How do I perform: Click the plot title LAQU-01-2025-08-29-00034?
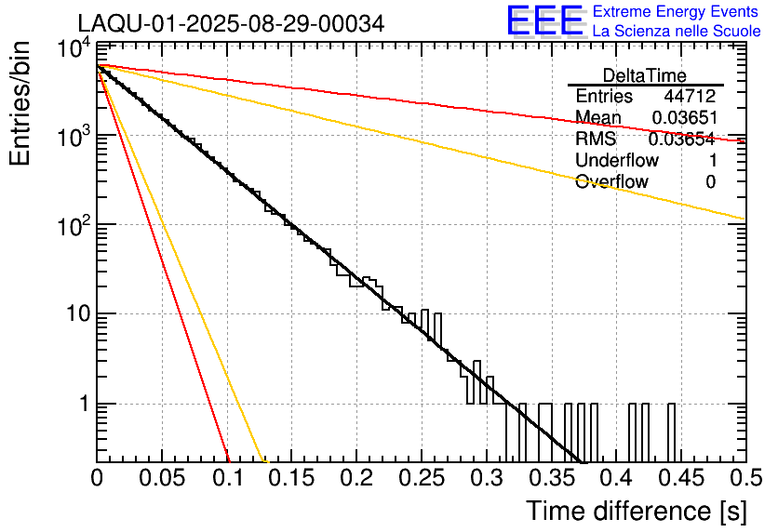231,23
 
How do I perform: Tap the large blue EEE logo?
544,20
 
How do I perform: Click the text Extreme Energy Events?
677,12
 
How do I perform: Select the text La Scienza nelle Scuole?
677,31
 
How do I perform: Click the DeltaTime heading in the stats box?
645,75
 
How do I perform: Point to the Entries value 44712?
690,97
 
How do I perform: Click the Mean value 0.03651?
683,118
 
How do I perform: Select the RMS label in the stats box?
596,140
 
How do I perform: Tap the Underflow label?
617,161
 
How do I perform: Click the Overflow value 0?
710,182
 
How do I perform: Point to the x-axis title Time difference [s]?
637,511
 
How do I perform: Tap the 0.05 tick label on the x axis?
163,479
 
